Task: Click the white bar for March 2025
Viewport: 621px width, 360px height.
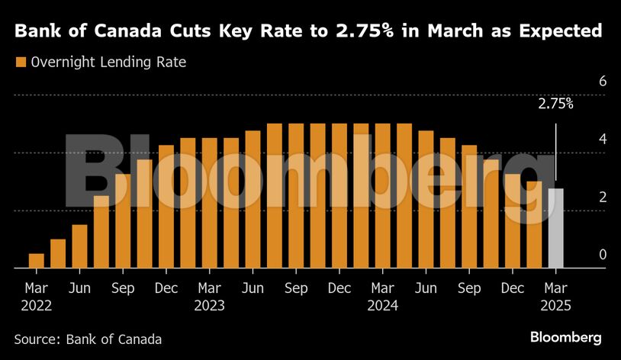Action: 555,228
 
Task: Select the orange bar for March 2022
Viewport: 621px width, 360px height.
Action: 37,261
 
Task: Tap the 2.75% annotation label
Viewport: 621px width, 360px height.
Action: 555,105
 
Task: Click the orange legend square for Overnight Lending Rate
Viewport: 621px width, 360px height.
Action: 21,63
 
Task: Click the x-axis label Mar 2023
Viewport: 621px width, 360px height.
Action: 210,297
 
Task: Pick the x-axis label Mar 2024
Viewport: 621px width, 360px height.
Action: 383,297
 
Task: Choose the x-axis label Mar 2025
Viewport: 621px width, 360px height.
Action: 555,297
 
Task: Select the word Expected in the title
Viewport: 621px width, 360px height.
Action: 556,32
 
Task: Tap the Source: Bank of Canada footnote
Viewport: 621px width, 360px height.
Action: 88,338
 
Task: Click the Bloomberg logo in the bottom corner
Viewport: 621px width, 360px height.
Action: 566,337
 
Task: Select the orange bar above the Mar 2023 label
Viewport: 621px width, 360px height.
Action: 210,203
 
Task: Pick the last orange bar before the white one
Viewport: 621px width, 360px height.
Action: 534,224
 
